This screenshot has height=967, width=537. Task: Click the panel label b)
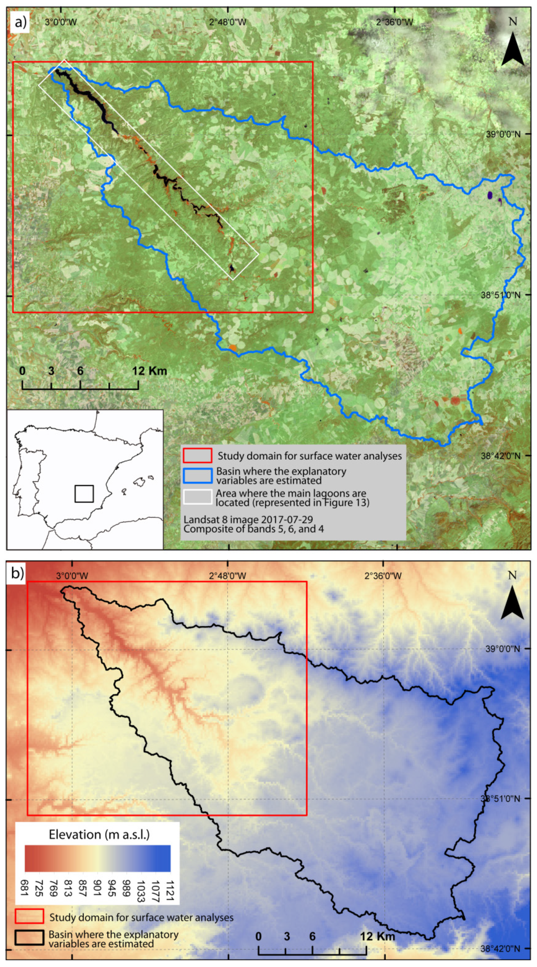tap(17, 573)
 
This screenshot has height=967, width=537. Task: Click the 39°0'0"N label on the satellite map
tap(503, 134)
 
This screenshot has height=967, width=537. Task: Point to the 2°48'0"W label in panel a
tap(228, 22)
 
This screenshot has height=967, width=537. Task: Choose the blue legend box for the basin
tap(197, 476)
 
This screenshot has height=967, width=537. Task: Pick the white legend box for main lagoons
tap(197, 497)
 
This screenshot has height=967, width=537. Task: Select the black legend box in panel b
tap(29, 937)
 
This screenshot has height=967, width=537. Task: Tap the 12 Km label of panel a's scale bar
tap(149, 371)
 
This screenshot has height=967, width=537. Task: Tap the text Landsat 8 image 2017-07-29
tap(248, 520)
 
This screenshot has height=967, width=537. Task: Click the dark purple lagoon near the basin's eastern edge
tap(490, 195)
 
